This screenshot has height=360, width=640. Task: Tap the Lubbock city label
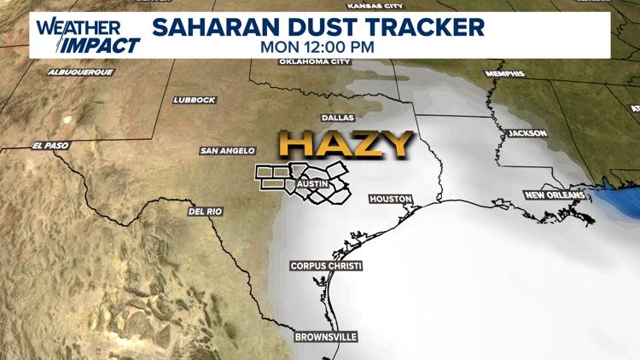195,100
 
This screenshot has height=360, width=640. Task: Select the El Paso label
50,146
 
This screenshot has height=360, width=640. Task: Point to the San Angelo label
228,151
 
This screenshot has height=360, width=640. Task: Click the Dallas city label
338,118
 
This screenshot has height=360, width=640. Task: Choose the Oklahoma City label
315,61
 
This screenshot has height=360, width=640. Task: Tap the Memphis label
505,74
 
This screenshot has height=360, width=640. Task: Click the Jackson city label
527,134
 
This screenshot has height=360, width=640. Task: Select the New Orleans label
556,195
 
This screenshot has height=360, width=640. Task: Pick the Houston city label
391,199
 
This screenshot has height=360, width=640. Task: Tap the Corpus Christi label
326,266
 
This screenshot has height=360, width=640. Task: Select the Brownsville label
325,337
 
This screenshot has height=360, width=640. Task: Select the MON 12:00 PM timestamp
317,47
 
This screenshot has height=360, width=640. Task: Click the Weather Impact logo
88,36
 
